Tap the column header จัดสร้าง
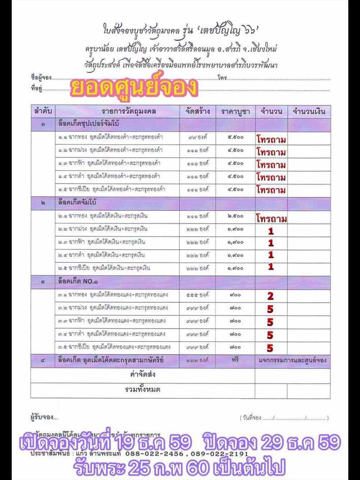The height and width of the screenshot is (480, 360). pos(197,111)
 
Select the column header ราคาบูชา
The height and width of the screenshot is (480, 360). pos(235,111)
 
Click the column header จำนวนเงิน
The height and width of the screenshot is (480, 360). pos(308,111)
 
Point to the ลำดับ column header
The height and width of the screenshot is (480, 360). pos(43,111)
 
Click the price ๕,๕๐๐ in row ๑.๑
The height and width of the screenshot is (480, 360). pos(235,137)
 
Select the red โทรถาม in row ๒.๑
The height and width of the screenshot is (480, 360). pos(271,219)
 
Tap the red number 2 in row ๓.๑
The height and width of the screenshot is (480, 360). pos(271,296)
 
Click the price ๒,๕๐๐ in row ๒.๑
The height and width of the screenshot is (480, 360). pos(235,216)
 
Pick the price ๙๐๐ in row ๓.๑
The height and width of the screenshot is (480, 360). pos(235,295)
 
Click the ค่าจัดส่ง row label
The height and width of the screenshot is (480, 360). pos(142,375)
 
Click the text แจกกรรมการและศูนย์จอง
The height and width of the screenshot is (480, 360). pos(292,361)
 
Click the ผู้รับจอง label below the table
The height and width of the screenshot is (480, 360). pos(44,418)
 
